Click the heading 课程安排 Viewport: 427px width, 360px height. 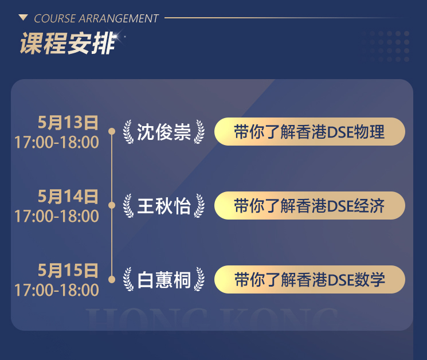coord(67,44)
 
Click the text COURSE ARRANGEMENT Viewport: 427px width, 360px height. coord(96,18)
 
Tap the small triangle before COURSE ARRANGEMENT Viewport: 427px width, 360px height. coord(23,18)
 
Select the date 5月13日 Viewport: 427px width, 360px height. coord(68,122)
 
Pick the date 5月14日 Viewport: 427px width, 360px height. coord(68,196)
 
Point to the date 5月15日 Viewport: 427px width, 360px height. coord(68,270)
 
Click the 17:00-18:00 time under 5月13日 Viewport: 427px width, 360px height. coord(57,142)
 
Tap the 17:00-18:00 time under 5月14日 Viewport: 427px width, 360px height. coord(57,216)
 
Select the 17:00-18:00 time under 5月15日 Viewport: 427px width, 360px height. coord(57,289)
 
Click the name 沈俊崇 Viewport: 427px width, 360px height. coord(164,132)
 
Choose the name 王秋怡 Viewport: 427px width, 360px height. coord(164,206)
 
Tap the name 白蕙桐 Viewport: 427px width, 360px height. coord(164,280)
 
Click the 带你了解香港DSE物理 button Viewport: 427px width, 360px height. coord(310,131)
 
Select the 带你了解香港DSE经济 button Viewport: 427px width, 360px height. coord(310,206)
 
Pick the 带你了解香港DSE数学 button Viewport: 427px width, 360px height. coord(310,279)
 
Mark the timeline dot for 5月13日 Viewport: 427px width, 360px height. coord(112,131)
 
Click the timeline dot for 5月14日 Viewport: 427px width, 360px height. coord(112,205)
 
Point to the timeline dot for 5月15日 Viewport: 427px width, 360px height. coord(112,279)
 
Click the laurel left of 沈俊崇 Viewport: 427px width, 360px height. coord(128,132)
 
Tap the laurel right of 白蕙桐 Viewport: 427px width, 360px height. coord(199,279)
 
